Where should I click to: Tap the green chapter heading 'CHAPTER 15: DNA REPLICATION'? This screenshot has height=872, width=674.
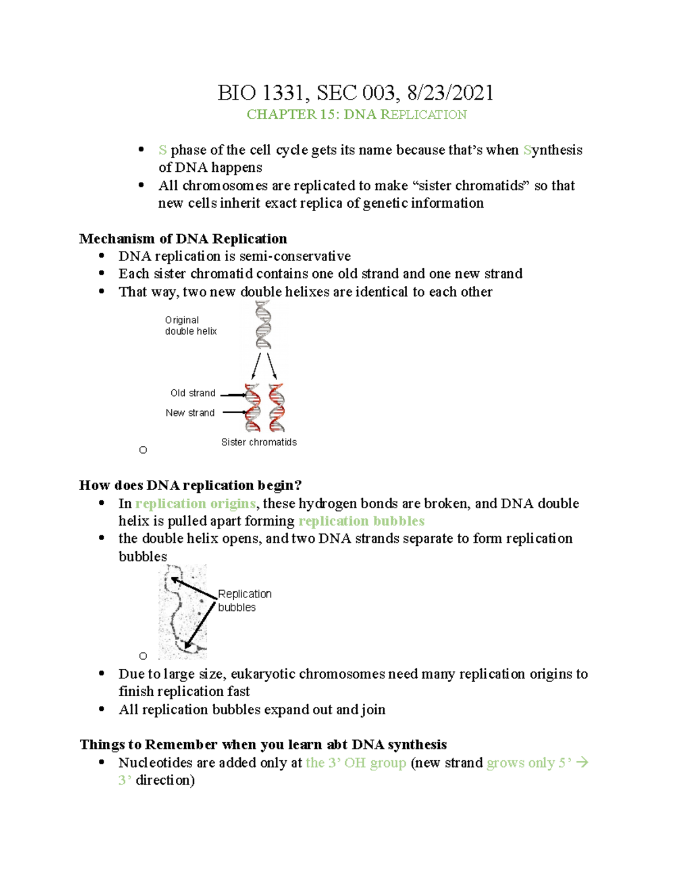[x=357, y=115]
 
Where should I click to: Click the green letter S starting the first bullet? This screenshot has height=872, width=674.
[x=162, y=150]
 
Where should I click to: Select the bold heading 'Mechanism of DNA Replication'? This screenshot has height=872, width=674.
[x=183, y=239]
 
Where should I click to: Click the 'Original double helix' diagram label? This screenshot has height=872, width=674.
[x=190, y=326]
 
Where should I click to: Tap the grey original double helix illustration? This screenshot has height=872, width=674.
[x=263, y=325]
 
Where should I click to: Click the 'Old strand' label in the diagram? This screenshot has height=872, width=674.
[x=193, y=393]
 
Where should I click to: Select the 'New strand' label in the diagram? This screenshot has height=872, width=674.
[x=190, y=413]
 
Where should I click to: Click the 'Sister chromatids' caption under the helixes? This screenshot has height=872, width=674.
[x=259, y=442]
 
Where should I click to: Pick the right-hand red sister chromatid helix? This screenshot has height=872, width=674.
[x=276, y=407]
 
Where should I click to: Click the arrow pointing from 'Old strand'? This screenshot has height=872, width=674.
[x=233, y=395]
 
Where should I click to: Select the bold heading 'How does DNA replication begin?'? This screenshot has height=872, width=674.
[x=190, y=485]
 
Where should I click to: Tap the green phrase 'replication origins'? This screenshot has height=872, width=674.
[x=195, y=504]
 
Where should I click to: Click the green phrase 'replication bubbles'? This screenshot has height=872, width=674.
[x=361, y=521]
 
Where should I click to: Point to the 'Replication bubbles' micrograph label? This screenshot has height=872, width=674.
[x=244, y=601]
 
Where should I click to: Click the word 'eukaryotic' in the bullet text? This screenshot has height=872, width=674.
[x=263, y=674]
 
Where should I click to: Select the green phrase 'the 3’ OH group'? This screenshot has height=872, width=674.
[x=356, y=763]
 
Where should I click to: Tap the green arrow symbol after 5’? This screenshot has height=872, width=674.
[x=582, y=763]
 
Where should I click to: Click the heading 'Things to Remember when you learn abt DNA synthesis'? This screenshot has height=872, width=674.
[x=263, y=745]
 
